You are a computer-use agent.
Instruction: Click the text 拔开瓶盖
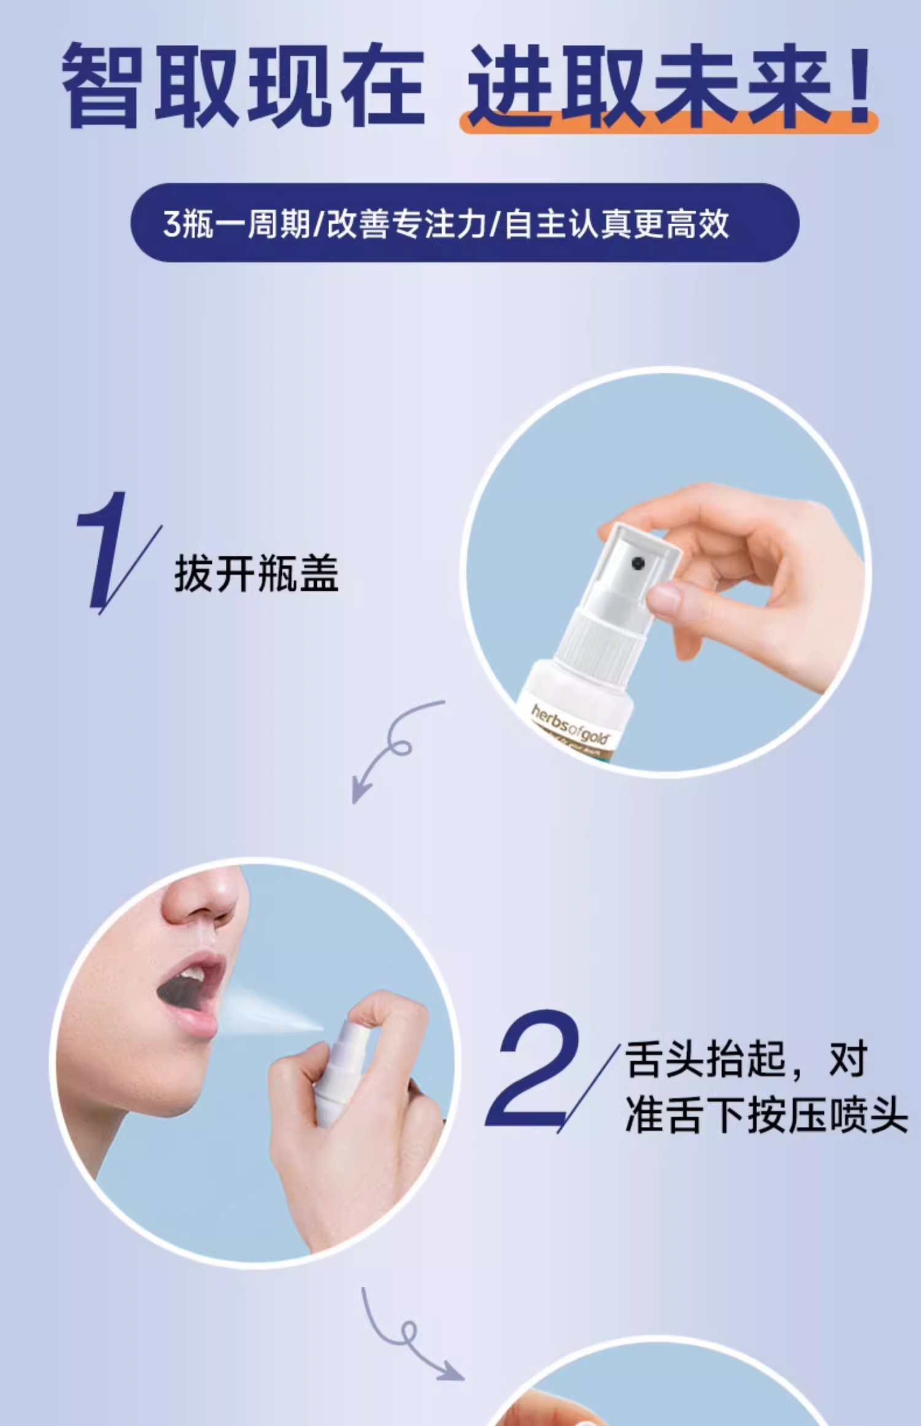(256, 573)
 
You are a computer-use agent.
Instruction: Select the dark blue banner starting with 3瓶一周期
(465, 222)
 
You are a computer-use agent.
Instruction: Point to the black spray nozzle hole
(638, 563)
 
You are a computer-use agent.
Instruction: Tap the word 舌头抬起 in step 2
(705, 1059)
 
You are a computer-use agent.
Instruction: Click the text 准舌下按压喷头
(766, 1115)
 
